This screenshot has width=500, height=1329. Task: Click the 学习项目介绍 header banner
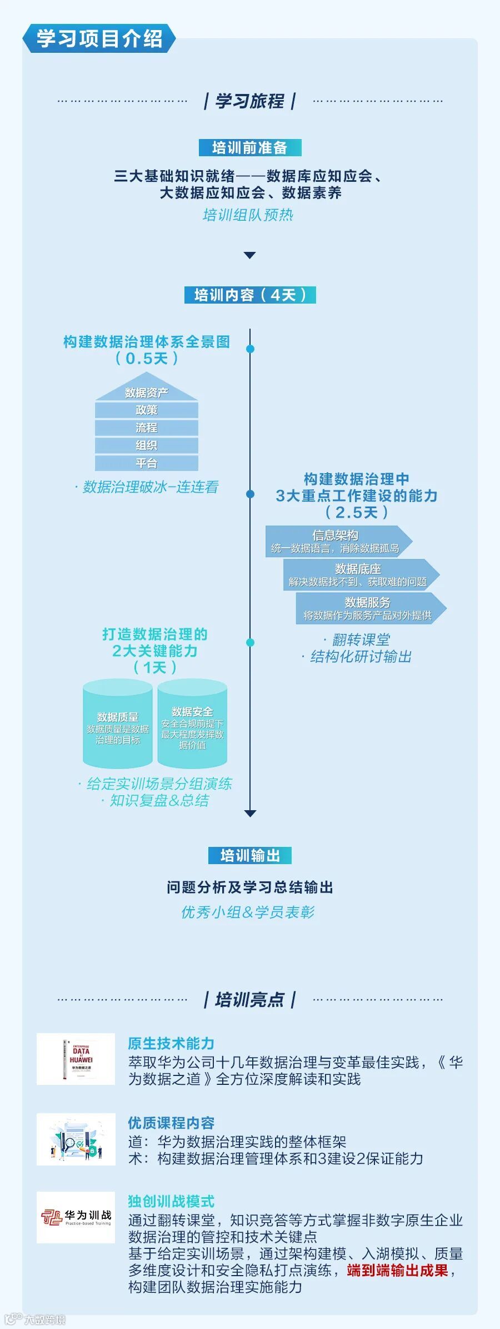[99, 39]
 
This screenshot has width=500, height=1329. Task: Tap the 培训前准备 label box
[250, 147]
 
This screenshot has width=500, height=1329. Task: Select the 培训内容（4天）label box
[250, 295]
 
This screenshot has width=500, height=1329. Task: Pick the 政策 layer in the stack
[147, 410]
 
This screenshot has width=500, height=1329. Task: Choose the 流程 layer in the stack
[147, 428]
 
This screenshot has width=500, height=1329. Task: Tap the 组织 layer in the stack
[147, 445]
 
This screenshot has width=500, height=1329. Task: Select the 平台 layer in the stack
[147, 463]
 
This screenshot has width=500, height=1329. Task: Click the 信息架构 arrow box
[336, 541]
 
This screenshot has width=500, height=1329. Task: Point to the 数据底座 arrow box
[358, 574]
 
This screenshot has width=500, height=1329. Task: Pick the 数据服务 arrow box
[368, 608]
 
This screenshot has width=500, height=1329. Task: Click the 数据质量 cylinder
[118, 724]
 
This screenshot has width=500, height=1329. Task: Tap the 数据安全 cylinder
[192, 724]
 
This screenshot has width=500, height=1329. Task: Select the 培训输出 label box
[250, 855]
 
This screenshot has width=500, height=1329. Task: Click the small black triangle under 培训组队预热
[250, 255]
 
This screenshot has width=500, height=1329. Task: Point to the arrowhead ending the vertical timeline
[250, 814]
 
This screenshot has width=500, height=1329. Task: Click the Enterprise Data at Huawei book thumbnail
[76, 1059]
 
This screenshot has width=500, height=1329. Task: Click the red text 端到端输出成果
[397, 1271]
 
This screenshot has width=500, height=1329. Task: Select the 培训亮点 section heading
[249, 999]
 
